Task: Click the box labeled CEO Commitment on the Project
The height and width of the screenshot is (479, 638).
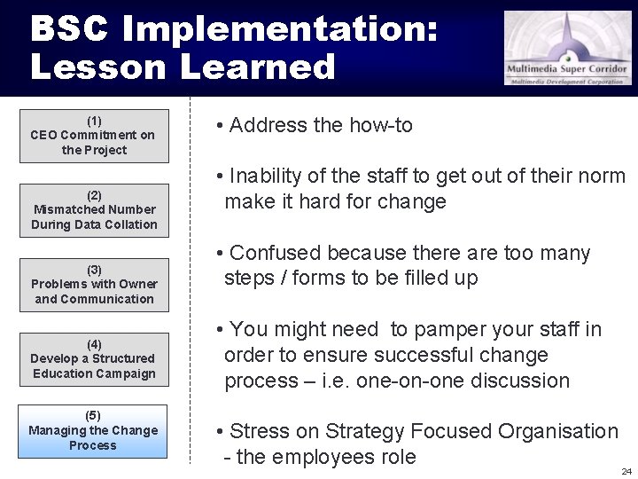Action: click(x=93, y=136)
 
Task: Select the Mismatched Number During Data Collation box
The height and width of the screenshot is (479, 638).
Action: click(x=93, y=210)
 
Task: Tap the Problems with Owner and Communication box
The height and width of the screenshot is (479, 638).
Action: click(x=93, y=285)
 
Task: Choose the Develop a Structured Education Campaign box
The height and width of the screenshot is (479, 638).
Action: click(x=93, y=359)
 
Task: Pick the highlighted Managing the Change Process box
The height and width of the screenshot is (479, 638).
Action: click(x=92, y=431)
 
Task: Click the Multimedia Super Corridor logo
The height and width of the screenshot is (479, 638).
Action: click(x=568, y=48)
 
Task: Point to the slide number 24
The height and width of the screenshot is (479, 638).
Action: click(x=626, y=471)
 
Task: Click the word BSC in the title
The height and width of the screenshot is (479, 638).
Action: click(x=70, y=29)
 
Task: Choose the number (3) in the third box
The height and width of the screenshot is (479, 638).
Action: click(x=94, y=270)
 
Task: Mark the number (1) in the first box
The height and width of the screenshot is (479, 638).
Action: click(x=94, y=121)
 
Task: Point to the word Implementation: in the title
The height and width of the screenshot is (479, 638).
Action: click(x=280, y=29)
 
